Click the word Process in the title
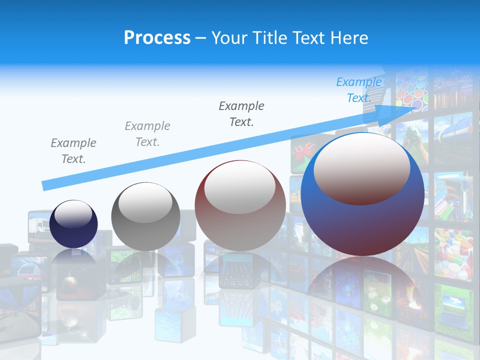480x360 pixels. (x=157, y=38)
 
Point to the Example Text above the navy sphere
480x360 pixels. (x=73, y=151)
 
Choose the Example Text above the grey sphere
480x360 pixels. (x=147, y=134)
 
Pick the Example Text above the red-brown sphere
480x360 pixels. (x=241, y=113)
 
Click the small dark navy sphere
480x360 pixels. (x=73, y=224)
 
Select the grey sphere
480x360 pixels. (x=145, y=216)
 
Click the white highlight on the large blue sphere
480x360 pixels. (x=361, y=169)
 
